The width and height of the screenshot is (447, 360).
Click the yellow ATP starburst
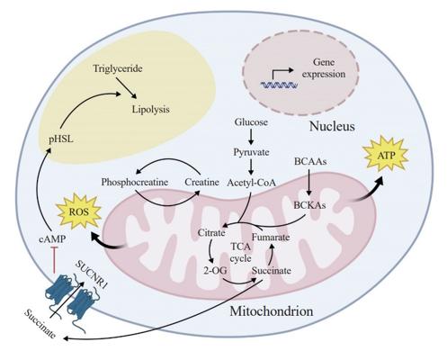click(386, 154)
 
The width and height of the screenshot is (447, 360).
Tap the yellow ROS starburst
click(79, 211)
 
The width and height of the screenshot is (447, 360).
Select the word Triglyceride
click(118, 68)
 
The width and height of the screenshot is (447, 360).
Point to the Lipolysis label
click(151, 109)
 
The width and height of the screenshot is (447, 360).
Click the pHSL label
click(61, 139)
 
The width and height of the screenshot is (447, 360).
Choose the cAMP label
click(52, 239)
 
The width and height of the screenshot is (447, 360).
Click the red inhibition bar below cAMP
click(55, 260)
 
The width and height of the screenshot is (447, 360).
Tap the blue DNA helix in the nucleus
click(279, 85)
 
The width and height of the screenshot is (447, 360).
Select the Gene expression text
click(324, 68)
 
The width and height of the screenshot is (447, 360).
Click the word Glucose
click(251, 122)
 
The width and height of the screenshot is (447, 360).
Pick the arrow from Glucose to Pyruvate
click(251, 137)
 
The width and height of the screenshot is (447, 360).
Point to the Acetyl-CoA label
click(251, 183)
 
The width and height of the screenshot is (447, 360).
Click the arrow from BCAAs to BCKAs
click(309, 184)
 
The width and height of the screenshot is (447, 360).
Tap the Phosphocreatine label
click(134, 182)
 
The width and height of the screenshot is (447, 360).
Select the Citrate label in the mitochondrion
click(211, 233)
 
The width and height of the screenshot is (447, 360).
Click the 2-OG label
click(215, 271)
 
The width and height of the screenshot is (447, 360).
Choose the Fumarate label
click(271, 238)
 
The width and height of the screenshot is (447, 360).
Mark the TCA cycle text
click(241, 252)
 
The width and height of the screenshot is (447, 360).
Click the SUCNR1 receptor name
click(91, 274)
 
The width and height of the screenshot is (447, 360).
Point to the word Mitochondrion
click(272, 311)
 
